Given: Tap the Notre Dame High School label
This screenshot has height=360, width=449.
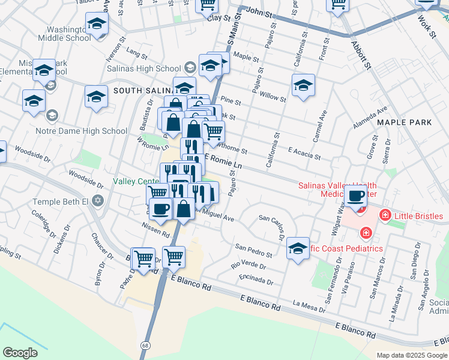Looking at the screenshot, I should click(89, 131).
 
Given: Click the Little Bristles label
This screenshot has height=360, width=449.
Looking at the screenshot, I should click(418, 216).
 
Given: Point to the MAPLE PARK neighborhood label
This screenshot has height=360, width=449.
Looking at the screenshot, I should click(404, 122).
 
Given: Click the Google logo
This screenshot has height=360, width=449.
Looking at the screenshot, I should click(20, 353).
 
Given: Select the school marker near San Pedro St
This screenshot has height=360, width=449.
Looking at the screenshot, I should click(298, 247).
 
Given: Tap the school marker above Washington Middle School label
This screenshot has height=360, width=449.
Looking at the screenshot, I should click(96, 24).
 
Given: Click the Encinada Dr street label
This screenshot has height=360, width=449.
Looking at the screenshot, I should click(255, 278).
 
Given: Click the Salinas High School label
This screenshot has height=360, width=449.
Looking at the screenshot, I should click(143, 68).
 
